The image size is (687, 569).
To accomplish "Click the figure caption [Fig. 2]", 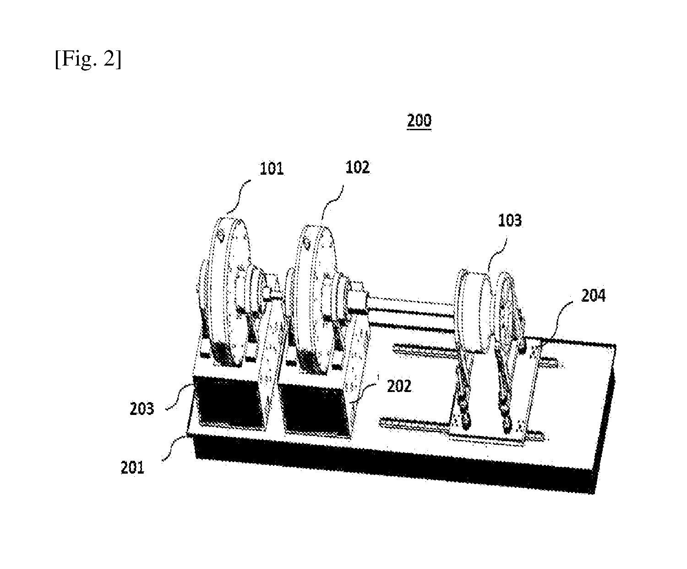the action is point(88,59).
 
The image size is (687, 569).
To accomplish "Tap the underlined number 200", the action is point(419,121).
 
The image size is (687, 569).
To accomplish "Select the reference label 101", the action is point(272,169).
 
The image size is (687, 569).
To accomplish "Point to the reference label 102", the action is point(358,168).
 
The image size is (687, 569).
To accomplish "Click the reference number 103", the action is point(510,221).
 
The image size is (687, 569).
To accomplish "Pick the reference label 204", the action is point(594,296).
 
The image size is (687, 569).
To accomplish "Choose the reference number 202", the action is point(399,386).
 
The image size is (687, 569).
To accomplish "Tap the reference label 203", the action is point(142,409).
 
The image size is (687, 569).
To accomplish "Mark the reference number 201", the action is point(133,468).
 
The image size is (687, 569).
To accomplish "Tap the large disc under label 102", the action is point(316,300).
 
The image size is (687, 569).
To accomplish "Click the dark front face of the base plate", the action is point(395,464).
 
